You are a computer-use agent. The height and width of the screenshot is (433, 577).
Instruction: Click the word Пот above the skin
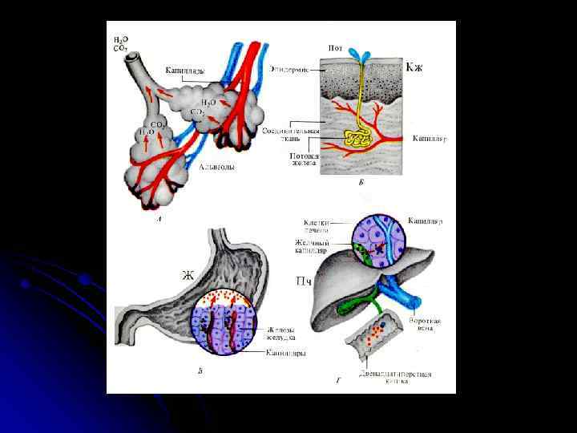pyautogui.click(x=337, y=48)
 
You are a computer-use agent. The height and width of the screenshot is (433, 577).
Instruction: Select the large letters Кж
pyautogui.click(x=414, y=67)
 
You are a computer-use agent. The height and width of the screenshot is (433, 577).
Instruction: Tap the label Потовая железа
pyautogui.click(x=305, y=160)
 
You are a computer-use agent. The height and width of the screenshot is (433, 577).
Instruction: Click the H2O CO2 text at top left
pyautogui.click(x=120, y=43)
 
